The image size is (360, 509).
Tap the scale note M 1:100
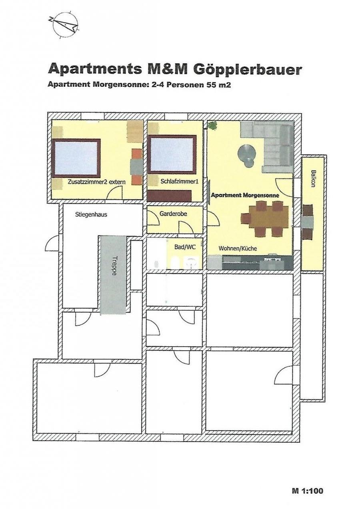tap(308, 489)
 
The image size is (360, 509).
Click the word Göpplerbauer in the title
tap(248, 70)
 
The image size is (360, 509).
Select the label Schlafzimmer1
tap(180, 182)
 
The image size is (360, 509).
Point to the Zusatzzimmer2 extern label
tap(96, 182)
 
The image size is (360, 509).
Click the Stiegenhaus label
tap(91, 214)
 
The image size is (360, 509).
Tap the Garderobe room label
tap(173, 214)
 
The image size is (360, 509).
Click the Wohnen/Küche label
tap(238, 248)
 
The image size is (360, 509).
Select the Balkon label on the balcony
tap(314, 178)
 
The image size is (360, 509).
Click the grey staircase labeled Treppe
tap(113, 275)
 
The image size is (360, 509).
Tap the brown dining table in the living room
tap(268, 217)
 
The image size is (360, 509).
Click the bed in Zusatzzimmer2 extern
tap(76, 158)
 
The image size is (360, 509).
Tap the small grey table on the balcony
tap(308, 222)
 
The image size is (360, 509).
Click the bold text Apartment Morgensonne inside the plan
tap(245, 195)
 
